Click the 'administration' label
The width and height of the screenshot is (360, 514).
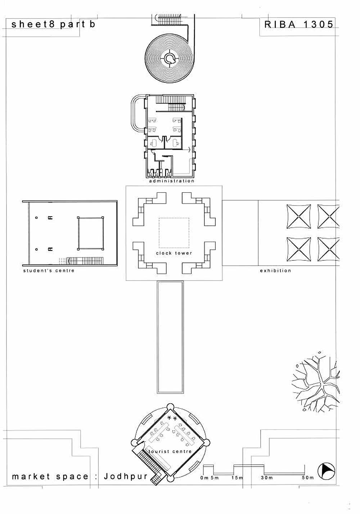(172, 181)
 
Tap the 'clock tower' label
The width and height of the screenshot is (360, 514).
(174, 253)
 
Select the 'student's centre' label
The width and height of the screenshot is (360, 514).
(49, 270)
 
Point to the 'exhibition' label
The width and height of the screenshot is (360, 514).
(275, 270)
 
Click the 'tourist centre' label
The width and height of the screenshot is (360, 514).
(170, 451)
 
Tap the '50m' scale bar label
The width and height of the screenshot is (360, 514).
(308, 478)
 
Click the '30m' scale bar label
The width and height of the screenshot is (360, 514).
(267, 478)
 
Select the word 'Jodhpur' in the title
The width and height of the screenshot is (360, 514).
(126, 476)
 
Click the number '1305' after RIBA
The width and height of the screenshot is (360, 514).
(318, 24)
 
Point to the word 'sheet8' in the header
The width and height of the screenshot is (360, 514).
(33, 24)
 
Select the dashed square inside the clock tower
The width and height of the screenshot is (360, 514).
(174, 233)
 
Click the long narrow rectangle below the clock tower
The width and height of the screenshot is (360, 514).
(170, 337)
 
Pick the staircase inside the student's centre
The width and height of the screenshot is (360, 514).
(85, 261)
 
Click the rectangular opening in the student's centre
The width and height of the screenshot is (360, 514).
(90, 233)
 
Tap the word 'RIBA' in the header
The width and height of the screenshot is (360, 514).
(280, 24)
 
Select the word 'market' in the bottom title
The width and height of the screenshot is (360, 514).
(31, 477)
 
